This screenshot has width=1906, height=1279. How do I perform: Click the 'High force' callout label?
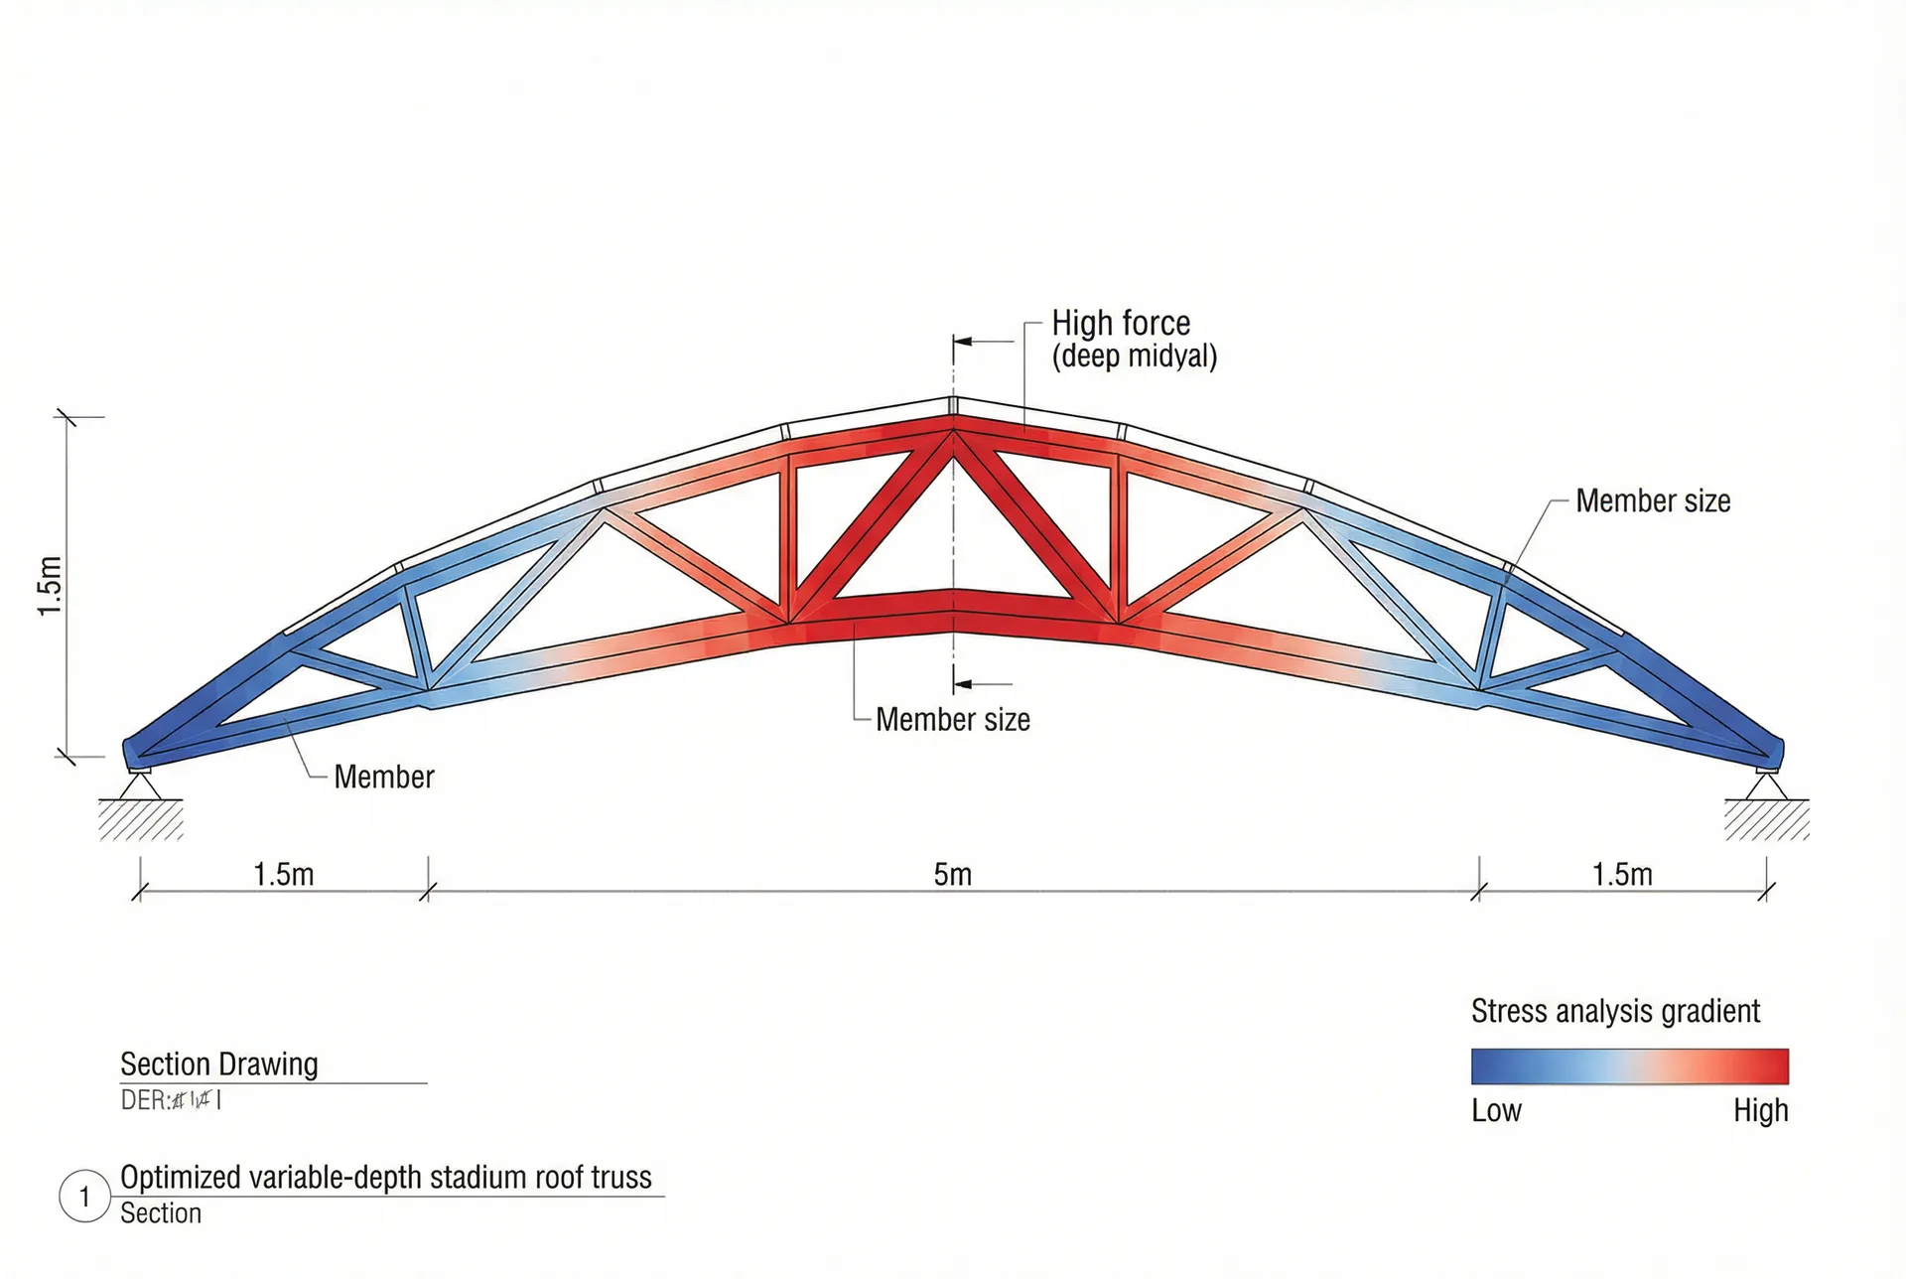click(x=1120, y=324)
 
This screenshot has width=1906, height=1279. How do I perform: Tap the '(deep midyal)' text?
click(x=1134, y=356)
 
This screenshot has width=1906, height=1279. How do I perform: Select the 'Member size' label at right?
click(x=1652, y=501)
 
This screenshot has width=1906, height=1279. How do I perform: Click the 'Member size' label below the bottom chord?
click(x=952, y=720)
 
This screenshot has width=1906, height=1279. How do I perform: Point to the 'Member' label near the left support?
click(x=383, y=778)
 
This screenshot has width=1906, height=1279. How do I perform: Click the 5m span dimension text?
click(x=952, y=875)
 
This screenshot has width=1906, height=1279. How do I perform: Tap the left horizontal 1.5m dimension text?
click(x=283, y=875)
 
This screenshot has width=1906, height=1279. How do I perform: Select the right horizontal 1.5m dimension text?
click(x=1622, y=875)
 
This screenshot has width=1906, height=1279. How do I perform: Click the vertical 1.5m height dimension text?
click(x=50, y=586)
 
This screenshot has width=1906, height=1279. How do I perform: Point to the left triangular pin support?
click(x=140, y=785)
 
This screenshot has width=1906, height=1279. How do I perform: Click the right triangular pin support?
click(x=1766, y=785)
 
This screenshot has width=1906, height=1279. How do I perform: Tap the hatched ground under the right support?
click(x=1766, y=820)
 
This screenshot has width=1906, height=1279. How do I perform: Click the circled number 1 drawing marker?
click(x=84, y=1197)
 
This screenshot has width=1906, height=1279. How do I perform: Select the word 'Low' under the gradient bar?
click(x=1496, y=1110)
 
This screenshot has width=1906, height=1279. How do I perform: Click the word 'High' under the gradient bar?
click(x=1760, y=1110)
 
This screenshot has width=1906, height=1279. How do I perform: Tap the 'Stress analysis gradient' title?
click(x=1614, y=1012)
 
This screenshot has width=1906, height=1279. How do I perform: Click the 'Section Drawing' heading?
click(x=218, y=1065)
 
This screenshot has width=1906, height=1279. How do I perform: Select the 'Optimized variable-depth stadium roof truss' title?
click(x=385, y=1178)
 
